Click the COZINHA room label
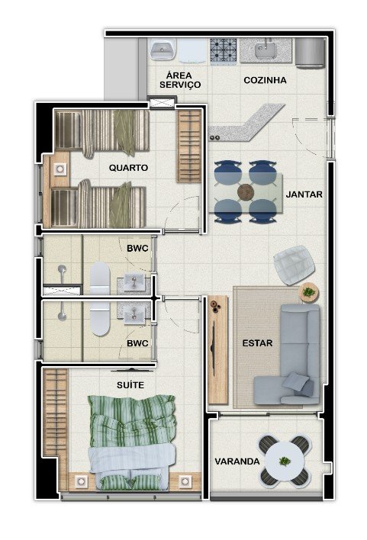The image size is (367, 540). point(265,80)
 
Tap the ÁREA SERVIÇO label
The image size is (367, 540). point(180,80)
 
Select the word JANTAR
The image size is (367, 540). point(304,194)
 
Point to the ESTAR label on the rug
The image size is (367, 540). point(257,343)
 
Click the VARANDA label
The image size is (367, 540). point(237,461)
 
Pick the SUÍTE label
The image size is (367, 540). point(130,384)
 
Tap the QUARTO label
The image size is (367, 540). point(128,168)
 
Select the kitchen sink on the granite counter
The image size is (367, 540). point(265,50)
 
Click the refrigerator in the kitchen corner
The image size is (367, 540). point(310,53)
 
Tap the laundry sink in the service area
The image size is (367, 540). point(163,50)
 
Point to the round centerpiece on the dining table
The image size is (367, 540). point(246,192)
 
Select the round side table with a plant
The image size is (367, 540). point(309,292)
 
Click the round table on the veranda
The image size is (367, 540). point(285,461)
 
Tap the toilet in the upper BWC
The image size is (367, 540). point(100,278)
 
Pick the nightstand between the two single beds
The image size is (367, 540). point(60,169)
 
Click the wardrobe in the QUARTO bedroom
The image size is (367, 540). point(189,146)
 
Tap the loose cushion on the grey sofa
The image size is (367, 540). point(296,381)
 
